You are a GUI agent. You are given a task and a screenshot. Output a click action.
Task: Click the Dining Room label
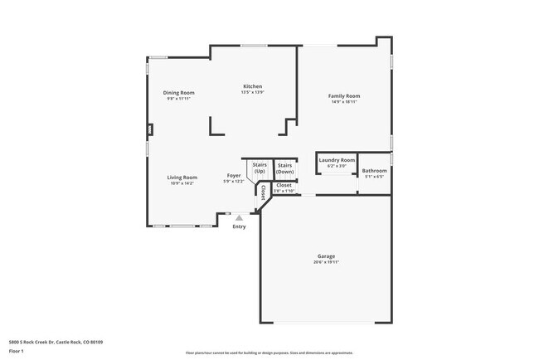coord(178,92)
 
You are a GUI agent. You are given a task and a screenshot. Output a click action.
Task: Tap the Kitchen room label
coord(252,86)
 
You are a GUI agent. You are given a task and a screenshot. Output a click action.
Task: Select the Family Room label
coord(344,95)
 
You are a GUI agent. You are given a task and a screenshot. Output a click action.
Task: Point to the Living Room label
coord(182,177)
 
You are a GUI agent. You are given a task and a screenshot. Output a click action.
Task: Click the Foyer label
coord(234,175)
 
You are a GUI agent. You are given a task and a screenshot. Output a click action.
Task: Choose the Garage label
coord(326,256)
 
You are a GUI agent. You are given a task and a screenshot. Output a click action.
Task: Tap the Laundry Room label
coord(337,159)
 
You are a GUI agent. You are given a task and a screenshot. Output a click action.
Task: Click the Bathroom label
coord(374,171)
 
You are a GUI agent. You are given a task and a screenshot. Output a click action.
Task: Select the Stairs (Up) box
coord(260,168)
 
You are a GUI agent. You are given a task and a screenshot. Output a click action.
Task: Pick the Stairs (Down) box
coord(286,168)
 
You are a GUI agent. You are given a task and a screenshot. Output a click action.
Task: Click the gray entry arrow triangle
coord(239,218)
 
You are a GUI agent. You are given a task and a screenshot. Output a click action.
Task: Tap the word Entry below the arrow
coord(239,226)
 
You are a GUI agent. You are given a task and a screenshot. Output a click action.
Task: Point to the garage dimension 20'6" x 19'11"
coord(326,263)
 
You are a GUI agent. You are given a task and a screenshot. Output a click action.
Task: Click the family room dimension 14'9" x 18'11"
coord(344,101)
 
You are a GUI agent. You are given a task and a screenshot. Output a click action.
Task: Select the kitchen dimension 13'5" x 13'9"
coord(252,92)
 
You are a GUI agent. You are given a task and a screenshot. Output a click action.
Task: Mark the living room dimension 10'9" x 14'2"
coord(182,183)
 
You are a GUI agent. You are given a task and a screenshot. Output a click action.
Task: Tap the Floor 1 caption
coord(17,350)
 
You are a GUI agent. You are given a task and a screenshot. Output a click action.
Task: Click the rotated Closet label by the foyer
coord(264,192)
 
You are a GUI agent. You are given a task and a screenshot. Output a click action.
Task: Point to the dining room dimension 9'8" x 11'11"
coord(178,98)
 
